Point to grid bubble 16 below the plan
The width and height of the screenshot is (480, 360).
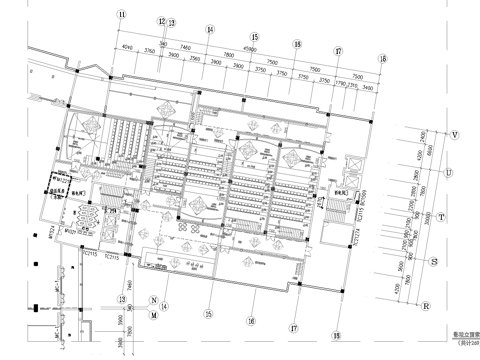pyautogui.click(x=252, y=320)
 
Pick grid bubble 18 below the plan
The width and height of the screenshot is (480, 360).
pyautogui.click(x=336, y=337)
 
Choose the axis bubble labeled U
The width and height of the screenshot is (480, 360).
pyautogui.click(x=447, y=173)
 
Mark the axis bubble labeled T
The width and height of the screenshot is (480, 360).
pyautogui.click(x=441, y=215)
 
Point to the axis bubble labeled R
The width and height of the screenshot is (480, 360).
pyautogui.click(x=426, y=306)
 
